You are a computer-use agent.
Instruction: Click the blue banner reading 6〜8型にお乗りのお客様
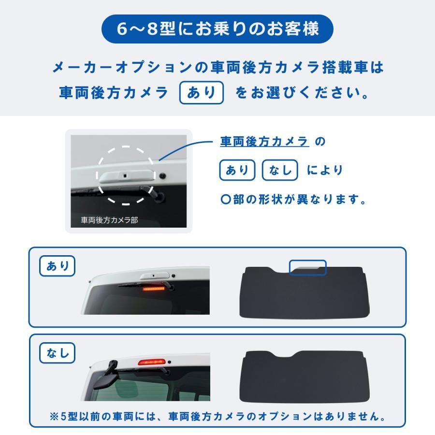217,29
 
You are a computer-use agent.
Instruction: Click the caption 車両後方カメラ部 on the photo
109,220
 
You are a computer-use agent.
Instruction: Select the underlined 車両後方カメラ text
264,142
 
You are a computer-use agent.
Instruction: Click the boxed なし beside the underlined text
279,170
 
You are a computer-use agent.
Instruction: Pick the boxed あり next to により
237,170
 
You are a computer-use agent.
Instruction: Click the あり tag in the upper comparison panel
58,266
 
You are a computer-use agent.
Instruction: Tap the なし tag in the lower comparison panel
58,354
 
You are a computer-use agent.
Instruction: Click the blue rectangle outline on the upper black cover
307,267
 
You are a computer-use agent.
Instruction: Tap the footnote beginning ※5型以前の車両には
217,417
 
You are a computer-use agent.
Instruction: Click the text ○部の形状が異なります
292,199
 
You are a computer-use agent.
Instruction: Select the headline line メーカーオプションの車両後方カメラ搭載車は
217,68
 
